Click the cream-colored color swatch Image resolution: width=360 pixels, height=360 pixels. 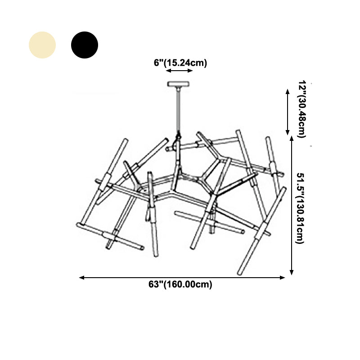tap(42, 45)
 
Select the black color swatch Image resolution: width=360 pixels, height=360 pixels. tap(85, 45)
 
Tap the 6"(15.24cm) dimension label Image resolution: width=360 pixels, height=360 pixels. tap(180, 63)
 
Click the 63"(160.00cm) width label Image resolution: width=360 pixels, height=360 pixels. tap(180, 284)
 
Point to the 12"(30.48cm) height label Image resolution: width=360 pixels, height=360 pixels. tap(302, 109)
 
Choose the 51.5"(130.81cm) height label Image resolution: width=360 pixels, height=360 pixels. tap(300, 208)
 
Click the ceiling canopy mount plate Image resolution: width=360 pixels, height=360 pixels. tap(178, 84)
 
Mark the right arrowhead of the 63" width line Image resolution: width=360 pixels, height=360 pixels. tap(283, 278)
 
